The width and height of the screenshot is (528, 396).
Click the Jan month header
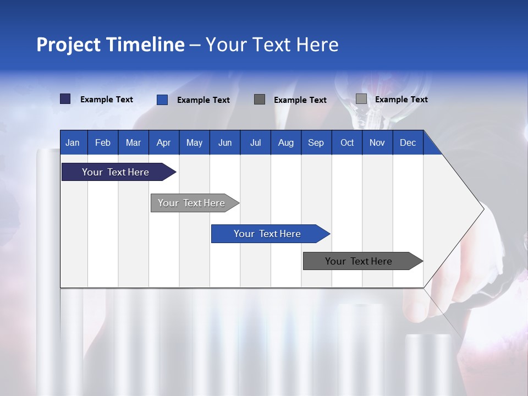click(x=73, y=142)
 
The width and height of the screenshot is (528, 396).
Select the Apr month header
click(x=163, y=142)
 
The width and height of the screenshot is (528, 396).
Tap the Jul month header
click(x=255, y=142)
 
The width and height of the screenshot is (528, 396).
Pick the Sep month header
click(x=316, y=142)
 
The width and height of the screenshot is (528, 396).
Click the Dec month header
click(x=408, y=142)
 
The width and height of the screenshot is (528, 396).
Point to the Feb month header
click(x=103, y=142)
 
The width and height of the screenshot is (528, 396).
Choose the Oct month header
click(x=347, y=142)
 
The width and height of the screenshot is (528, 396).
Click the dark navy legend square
click(x=65, y=99)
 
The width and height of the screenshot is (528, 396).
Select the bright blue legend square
click(x=162, y=100)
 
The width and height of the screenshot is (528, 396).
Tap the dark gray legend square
click(x=260, y=99)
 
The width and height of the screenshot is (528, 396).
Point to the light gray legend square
click(x=361, y=99)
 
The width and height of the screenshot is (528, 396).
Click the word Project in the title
click(x=69, y=45)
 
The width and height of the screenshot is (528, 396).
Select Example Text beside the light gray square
click(x=401, y=100)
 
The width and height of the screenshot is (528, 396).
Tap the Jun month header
click(x=225, y=142)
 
